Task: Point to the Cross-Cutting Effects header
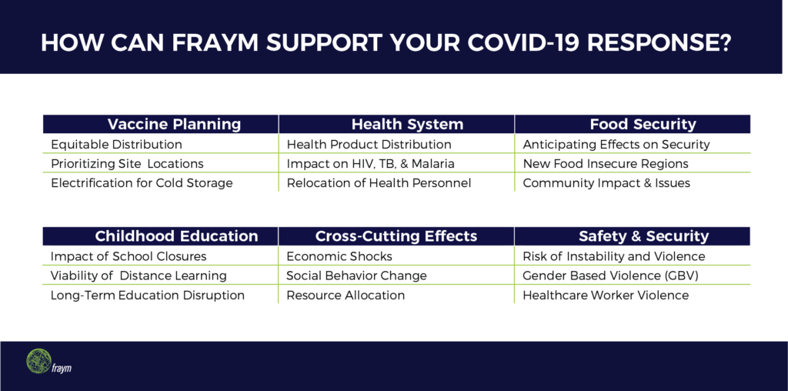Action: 396,236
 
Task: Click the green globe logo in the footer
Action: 38,361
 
